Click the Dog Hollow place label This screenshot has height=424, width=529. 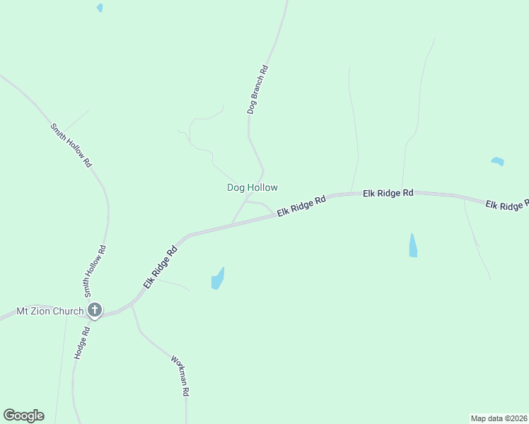coord(252,187)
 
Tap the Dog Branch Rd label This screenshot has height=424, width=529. coord(257,90)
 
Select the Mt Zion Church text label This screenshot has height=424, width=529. coord(49,310)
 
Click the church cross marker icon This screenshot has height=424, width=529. coord(95,310)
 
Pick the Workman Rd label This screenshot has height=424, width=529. coord(180,375)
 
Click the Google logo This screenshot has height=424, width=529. coord(23,416)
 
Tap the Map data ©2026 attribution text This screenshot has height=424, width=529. coord(499,418)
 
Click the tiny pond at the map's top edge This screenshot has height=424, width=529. coord(100,8)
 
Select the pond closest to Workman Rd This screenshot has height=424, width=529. coord(218,279)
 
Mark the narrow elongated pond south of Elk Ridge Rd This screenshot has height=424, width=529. coord(413,246)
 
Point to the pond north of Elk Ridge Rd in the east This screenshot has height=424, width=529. coord(497,161)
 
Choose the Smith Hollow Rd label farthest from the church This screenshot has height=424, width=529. coord(71,145)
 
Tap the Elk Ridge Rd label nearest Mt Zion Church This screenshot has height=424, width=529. coord(160,266)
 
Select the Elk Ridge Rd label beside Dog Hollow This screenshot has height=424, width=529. coord(301,206)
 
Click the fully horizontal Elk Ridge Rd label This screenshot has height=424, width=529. coord(388,192)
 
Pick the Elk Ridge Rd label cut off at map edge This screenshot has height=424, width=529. coord(506,205)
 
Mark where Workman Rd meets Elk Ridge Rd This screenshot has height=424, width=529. coord(132,305)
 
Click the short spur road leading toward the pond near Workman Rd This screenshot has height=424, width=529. coord(173,284)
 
